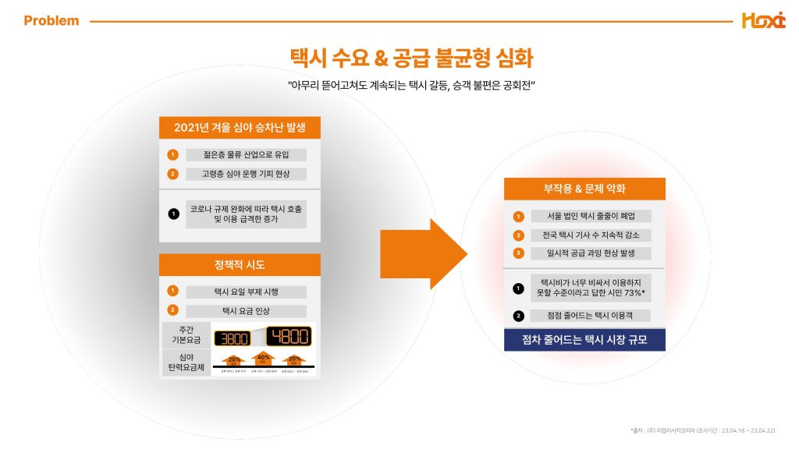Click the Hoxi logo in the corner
[x=762, y=20]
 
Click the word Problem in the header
[x=51, y=21]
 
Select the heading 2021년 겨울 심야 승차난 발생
[x=240, y=128]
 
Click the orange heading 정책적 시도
[x=240, y=265]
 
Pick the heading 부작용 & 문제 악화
[x=584, y=189]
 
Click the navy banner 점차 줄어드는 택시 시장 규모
[x=584, y=340]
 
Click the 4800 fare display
[x=289, y=336]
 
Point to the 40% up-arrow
[x=262, y=359]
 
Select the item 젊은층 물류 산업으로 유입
[x=246, y=154]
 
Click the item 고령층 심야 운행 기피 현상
[x=246, y=174]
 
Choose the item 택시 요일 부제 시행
[x=246, y=292]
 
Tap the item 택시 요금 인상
[x=246, y=310]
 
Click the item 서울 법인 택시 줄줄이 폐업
[x=590, y=216]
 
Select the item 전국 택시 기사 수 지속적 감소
[x=590, y=235]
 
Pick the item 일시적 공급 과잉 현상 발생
[x=590, y=253]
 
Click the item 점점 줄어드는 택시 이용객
[x=590, y=316]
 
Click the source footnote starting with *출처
[x=701, y=430]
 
